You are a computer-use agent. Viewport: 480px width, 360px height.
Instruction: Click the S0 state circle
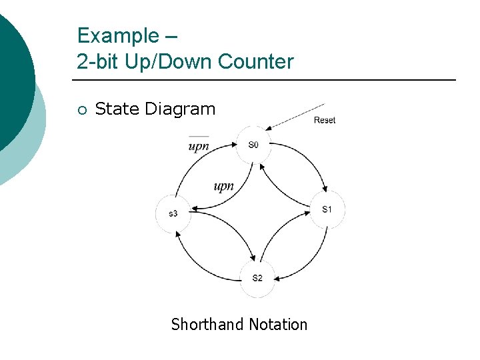click(253, 144)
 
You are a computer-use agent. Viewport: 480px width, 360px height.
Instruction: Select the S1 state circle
click(327, 209)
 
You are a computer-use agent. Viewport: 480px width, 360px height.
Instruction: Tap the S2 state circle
click(257, 277)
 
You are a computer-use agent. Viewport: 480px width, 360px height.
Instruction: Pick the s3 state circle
click(173, 213)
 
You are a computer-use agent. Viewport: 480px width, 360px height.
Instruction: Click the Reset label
click(325, 120)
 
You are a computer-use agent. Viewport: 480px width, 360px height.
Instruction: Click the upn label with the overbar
click(199, 146)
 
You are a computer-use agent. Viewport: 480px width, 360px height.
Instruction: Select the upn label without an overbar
click(223, 186)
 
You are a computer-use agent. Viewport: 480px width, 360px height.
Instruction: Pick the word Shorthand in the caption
click(207, 325)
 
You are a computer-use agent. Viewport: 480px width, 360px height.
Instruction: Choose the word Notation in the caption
click(278, 325)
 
